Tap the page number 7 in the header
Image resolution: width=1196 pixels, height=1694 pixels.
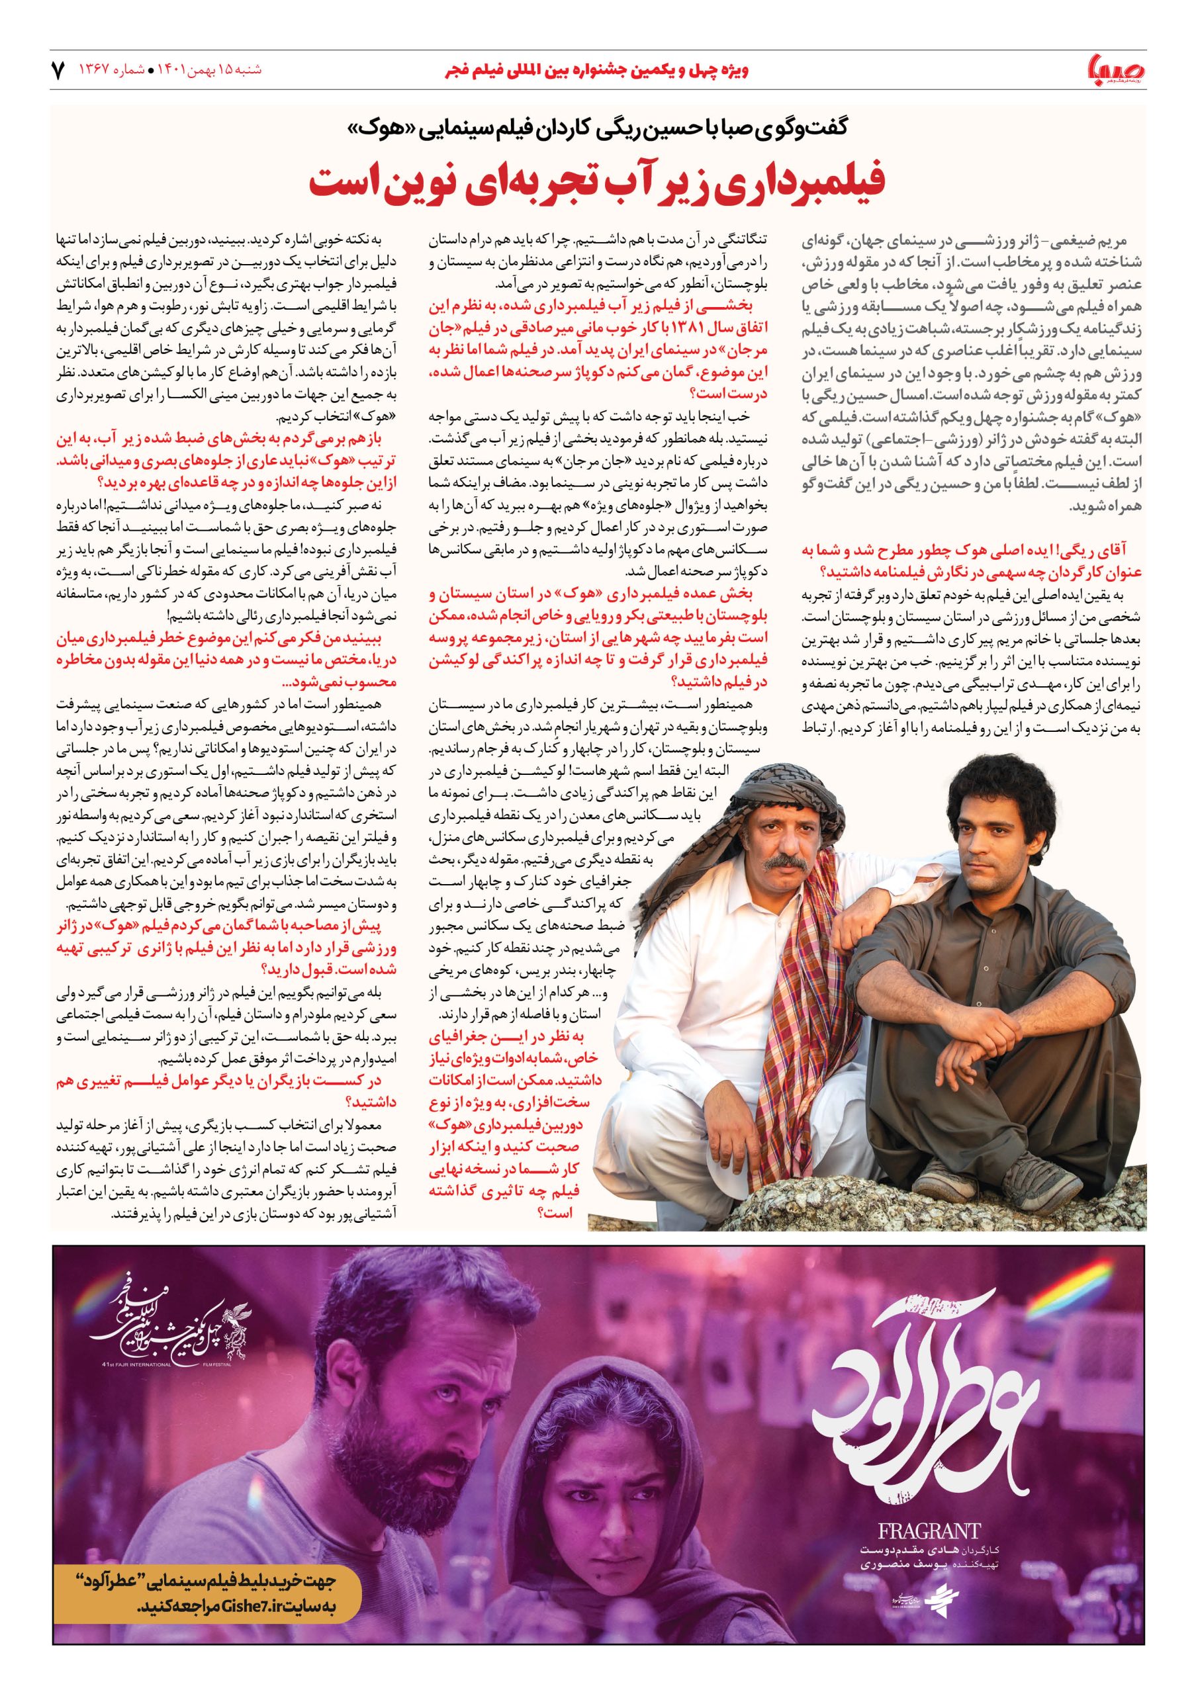coord(58,71)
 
